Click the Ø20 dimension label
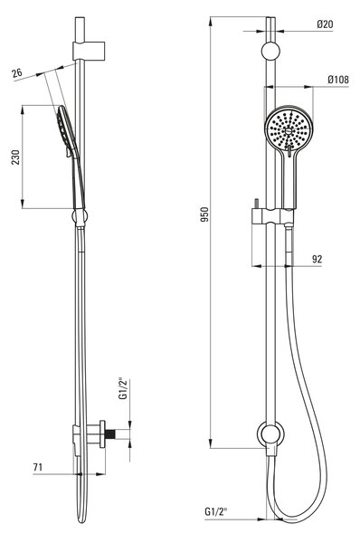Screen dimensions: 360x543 325,24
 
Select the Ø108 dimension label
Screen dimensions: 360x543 338,80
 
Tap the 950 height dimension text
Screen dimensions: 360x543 205,214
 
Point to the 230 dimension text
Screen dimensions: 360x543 16,157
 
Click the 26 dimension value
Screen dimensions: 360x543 17,73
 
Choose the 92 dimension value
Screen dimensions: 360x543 317,259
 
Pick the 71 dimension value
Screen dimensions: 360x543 38,467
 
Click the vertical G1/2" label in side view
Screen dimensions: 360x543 124,389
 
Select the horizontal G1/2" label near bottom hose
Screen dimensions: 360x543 216,511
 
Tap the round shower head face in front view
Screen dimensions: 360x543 289,129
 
